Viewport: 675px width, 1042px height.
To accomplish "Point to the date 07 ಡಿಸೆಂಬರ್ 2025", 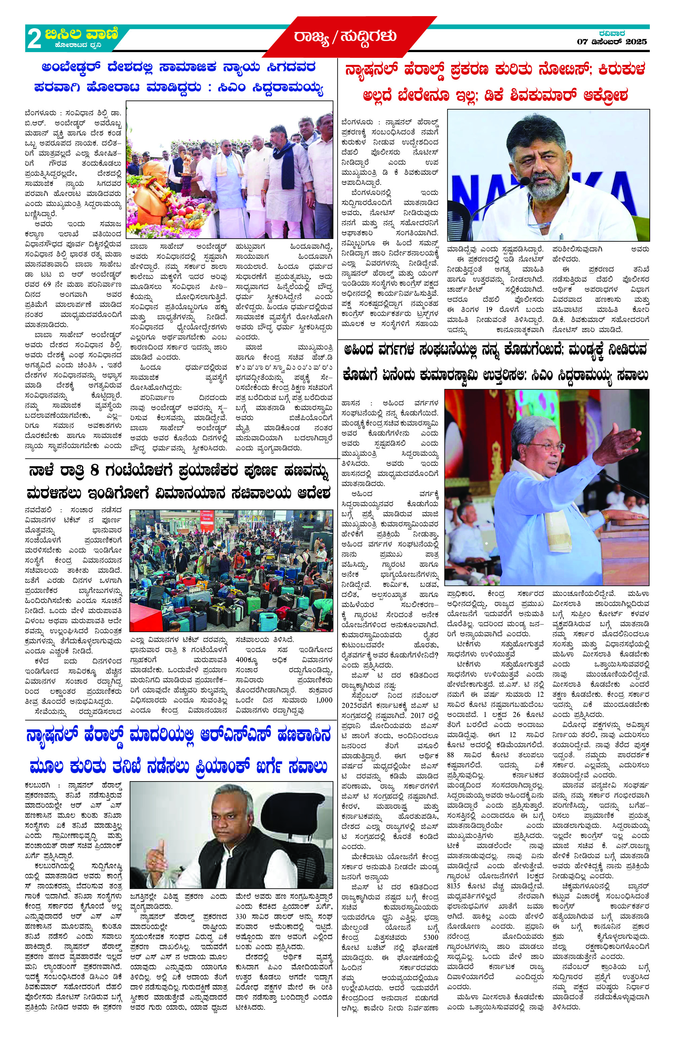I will click(611, 42).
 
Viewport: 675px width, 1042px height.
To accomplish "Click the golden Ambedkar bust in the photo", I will click(151, 193).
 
